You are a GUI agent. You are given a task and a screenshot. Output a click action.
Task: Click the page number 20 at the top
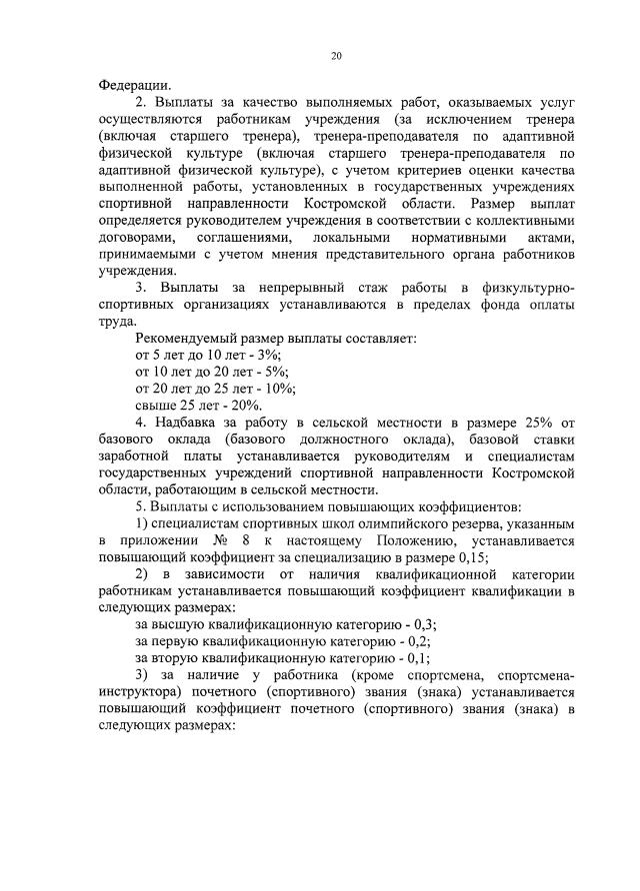337,56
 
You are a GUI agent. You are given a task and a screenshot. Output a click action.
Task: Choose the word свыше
156,406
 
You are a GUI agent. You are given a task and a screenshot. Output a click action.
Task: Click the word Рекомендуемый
187,339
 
